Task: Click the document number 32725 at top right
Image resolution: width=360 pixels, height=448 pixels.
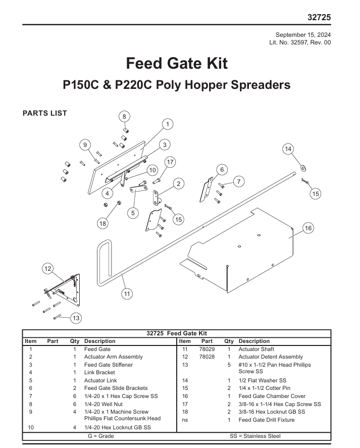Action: coord(319,18)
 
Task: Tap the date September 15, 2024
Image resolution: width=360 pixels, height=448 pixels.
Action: coord(303,35)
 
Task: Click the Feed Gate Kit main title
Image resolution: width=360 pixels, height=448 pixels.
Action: coord(177,63)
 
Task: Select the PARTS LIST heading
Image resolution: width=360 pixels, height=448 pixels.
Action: coord(45,113)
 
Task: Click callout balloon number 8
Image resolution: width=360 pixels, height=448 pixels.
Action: coord(124,117)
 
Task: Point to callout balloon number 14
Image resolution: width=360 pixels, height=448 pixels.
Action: coord(288,149)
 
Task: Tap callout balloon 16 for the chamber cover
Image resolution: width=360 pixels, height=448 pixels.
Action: coord(308,228)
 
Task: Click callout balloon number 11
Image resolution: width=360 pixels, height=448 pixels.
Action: coord(127,294)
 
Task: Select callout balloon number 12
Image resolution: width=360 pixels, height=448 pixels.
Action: coord(48,269)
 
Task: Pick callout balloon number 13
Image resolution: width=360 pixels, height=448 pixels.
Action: coord(76,318)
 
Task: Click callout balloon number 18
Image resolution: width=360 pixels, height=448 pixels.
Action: coord(102,223)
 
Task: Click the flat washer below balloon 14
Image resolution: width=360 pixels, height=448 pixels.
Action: coord(303,168)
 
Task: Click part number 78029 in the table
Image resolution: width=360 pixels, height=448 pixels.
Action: coord(207,349)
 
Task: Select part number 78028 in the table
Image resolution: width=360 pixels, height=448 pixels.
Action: coord(207,357)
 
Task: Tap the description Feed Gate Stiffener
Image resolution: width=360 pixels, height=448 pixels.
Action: coord(108,365)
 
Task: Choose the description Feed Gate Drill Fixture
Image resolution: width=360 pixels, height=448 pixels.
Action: coord(267,420)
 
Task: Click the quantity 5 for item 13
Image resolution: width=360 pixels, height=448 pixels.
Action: coord(229,365)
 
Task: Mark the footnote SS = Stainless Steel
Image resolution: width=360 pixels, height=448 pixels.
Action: coord(255,436)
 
